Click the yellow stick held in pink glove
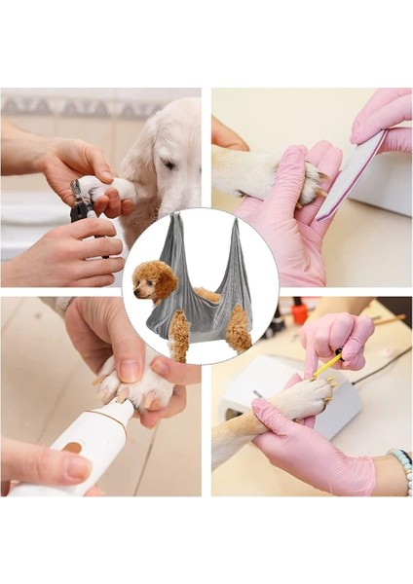327,364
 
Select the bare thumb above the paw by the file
228,136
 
